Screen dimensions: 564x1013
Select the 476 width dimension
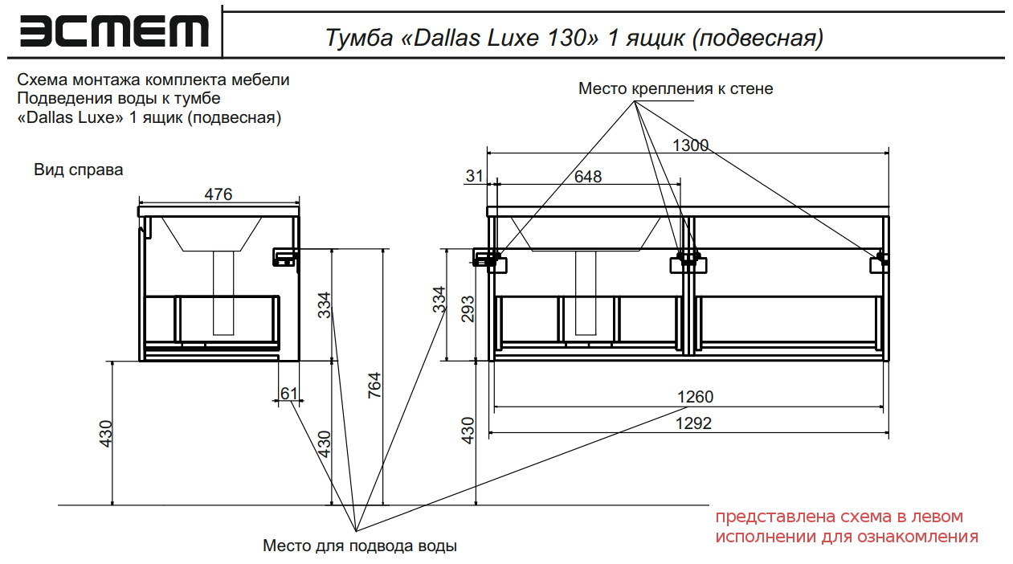[219, 194]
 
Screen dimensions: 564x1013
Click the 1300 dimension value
[690, 145]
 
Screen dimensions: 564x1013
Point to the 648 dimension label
[588, 177]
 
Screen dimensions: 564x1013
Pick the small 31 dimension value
[476, 176]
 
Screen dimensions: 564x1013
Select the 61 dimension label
[289, 393]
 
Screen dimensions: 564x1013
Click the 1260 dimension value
[695, 397]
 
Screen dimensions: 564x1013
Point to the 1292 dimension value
[695, 423]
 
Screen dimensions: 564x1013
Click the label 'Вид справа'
[79, 170]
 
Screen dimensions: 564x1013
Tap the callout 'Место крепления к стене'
[676, 88]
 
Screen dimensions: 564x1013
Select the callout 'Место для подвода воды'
[360, 546]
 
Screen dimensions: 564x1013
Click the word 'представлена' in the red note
[764, 517]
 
